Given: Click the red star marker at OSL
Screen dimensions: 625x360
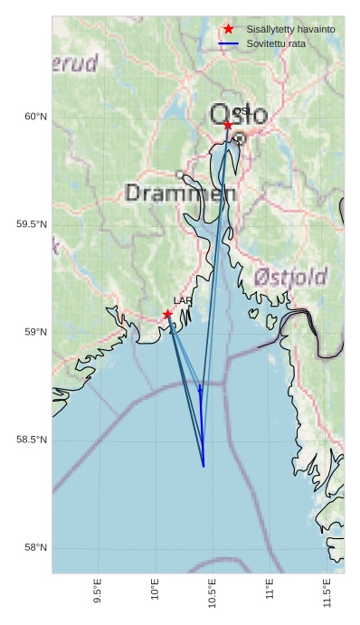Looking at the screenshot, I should point(228,125).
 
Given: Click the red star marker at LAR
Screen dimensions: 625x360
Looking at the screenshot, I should point(168,315).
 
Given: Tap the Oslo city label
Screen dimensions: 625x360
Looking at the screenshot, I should point(239,115).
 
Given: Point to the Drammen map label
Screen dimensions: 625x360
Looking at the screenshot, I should point(180,193).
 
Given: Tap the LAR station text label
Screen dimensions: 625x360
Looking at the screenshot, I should point(183,301).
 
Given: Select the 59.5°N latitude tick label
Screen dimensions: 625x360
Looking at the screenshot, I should point(32,224).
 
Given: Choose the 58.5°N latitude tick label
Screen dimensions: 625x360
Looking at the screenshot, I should point(32,440).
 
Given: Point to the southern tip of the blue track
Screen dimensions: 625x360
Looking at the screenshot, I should point(204,466).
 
